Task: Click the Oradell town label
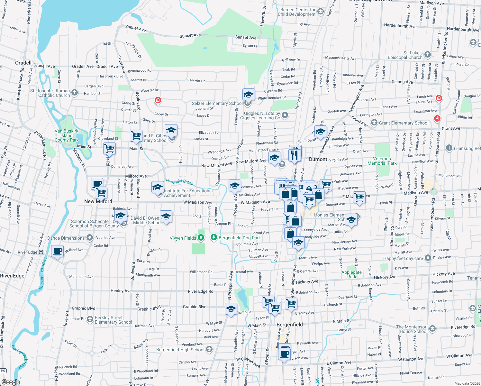tap(23, 63)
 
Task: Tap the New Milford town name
tap(98, 201)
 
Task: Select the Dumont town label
tap(318, 159)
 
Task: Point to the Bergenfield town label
tap(289, 325)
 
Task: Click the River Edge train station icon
tap(41, 252)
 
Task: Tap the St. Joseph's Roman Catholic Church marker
tap(75, 93)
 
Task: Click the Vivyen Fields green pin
tap(201, 238)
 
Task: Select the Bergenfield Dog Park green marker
tap(214, 237)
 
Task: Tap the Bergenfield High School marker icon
tap(209, 349)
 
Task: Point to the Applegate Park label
tap(351, 274)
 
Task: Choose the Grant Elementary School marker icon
tap(374, 123)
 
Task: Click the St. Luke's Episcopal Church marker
tap(427, 55)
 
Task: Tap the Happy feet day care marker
tap(428, 258)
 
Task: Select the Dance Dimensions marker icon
tap(89, 238)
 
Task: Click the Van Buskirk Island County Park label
tap(67, 135)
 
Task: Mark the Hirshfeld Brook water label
tap(179, 182)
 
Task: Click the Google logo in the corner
tap(11, 382)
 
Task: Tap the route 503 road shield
tap(3, 371)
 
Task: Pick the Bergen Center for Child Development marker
tap(320, 12)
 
